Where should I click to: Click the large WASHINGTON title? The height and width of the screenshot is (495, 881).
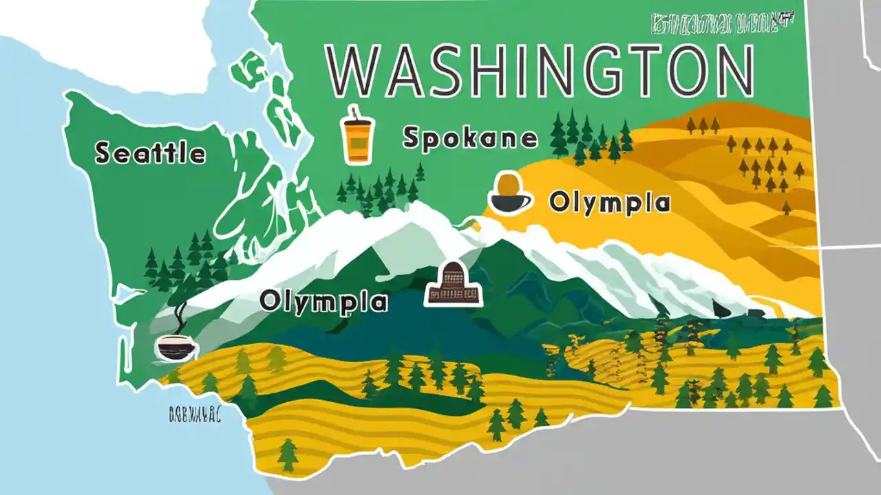[x=539, y=72]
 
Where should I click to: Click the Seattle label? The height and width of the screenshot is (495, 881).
[x=150, y=153]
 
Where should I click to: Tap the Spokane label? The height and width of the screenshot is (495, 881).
[x=469, y=138]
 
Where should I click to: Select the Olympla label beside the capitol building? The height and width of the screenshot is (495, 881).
[x=323, y=301]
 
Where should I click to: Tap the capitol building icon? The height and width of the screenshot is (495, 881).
[x=453, y=285]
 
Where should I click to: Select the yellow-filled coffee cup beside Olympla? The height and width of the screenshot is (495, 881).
[x=510, y=192]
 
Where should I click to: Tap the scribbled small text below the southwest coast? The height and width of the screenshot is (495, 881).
[x=194, y=415]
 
